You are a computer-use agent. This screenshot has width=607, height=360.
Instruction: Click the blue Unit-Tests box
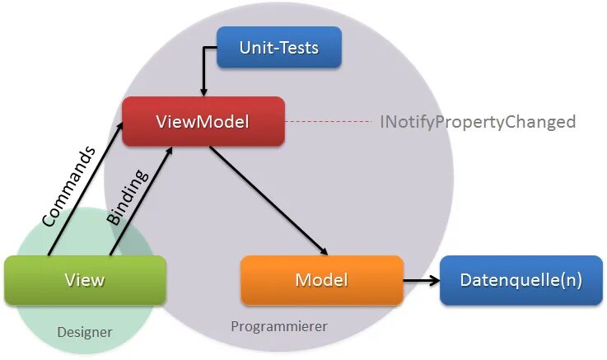pyautogui.click(x=278, y=47)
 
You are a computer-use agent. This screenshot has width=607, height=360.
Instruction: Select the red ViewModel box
pyautogui.click(x=203, y=121)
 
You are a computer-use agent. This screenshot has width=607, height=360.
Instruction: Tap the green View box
pyautogui.click(x=85, y=279)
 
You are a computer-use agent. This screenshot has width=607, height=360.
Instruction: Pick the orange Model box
pyautogui.click(x=321, y=280)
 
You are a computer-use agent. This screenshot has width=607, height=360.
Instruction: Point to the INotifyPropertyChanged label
pyautogui.click(x=477, y=122)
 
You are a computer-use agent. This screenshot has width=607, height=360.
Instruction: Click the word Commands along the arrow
pyautogui.click(x=69, y=186)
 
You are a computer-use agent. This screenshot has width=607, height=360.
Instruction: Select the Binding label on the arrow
pyautogui.click(x=128, y=198)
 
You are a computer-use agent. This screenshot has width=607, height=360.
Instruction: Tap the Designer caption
pyautogui.click(x=85, y=332)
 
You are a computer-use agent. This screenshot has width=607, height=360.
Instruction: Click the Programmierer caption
pyautogui.click(x=279, y=326)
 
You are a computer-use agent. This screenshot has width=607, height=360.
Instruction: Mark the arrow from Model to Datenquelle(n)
pyautogui.click(x=420, y=280)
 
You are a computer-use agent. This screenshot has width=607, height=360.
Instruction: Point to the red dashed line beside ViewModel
pyautogui.click(x=329, y=122)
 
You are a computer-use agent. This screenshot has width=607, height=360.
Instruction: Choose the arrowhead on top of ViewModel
pyautogui.click(x=203, y=90)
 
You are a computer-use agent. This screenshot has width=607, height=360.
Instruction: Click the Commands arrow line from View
pyautogui.click(x=82, y=194)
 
